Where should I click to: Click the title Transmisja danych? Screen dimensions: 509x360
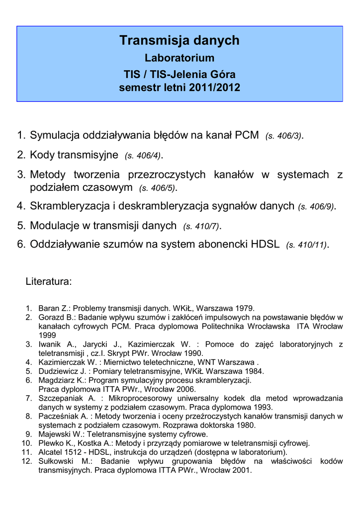coord(180,41)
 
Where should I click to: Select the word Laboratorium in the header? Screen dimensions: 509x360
coord(180,58)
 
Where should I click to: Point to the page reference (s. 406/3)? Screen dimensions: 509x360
coord(283,136)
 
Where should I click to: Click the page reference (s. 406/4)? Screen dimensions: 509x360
coord(143,156)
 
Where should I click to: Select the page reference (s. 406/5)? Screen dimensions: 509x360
coord(157,188)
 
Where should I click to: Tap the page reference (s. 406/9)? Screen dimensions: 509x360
coord(316,207)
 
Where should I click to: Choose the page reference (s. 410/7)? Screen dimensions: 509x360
coord(201,227)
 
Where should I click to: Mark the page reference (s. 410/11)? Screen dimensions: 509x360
coord(306,245)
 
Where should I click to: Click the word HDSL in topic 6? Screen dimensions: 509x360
coord(266,245)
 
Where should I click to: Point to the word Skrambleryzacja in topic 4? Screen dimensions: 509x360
coord(68,206)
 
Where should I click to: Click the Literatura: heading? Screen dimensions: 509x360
coord(49,282)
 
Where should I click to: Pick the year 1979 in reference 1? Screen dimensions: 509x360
coord(246,308)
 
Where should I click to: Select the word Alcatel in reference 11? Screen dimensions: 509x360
coord(51,452)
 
